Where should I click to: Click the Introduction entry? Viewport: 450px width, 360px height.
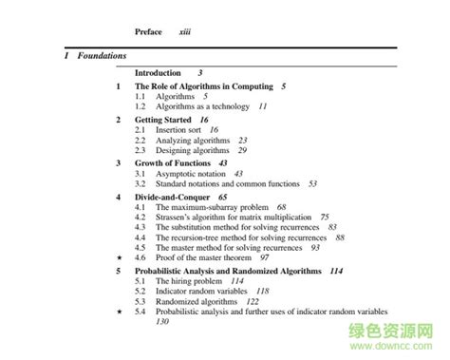click(158, 73)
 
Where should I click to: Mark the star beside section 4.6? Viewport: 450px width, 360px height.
click(118, 257)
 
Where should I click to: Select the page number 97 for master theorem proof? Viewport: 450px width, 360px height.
click(265, 257)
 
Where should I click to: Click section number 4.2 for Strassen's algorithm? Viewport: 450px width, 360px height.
click(141, 217)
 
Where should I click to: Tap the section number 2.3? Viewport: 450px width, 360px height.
click(141, 151)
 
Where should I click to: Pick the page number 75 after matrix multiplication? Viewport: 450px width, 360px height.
click(325, 217)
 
